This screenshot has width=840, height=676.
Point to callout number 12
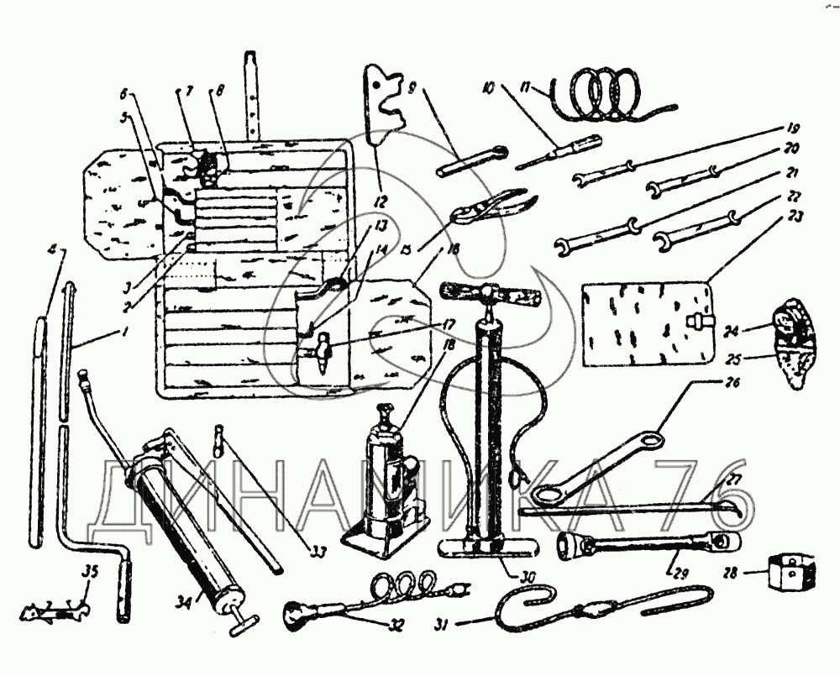click(x=381, y=201)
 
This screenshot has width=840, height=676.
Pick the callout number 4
click(x=52, y=249)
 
